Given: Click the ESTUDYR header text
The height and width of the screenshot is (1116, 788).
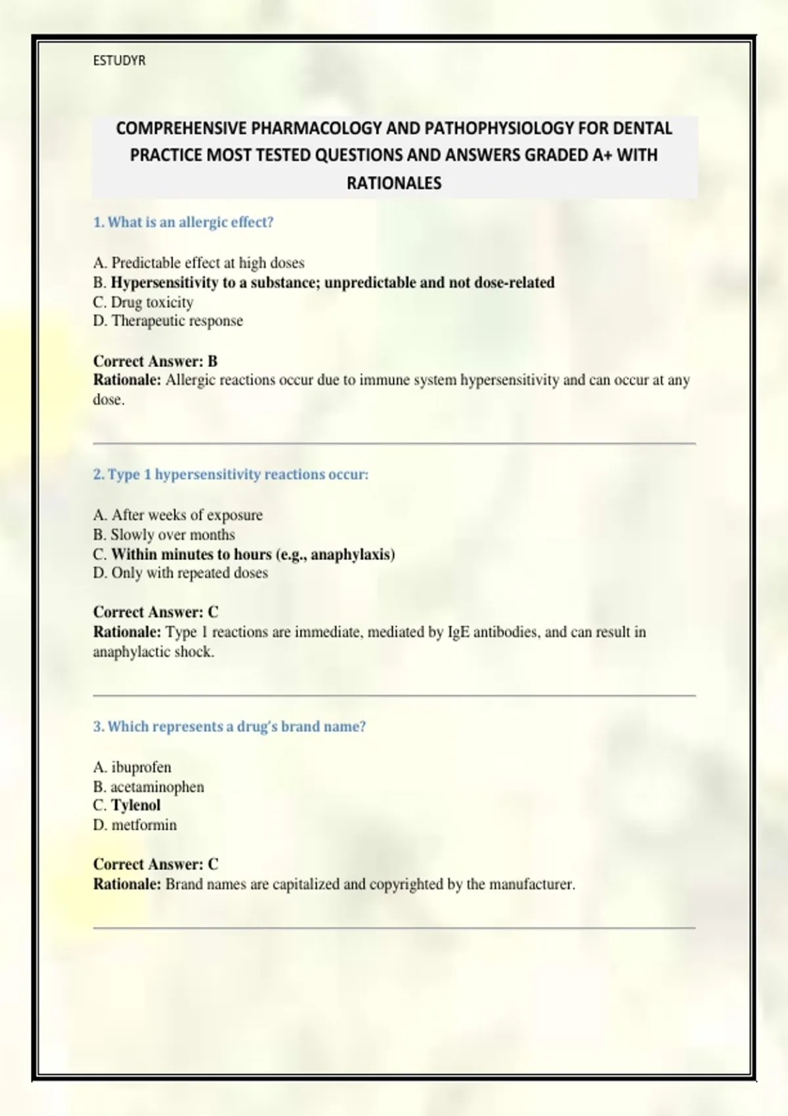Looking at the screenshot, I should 119,61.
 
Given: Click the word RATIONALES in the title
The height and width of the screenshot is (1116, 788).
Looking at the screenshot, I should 394,183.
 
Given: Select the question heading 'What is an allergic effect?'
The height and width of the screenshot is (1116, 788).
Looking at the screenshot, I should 183,223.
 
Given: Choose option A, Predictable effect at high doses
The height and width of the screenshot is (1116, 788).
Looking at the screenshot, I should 198,263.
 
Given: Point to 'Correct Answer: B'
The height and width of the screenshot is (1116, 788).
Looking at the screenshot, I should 155,361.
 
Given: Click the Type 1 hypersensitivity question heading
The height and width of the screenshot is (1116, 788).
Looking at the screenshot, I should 230,475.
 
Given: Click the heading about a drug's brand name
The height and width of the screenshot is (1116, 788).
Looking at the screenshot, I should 229,727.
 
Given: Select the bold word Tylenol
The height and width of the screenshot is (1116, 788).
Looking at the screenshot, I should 135,805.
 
